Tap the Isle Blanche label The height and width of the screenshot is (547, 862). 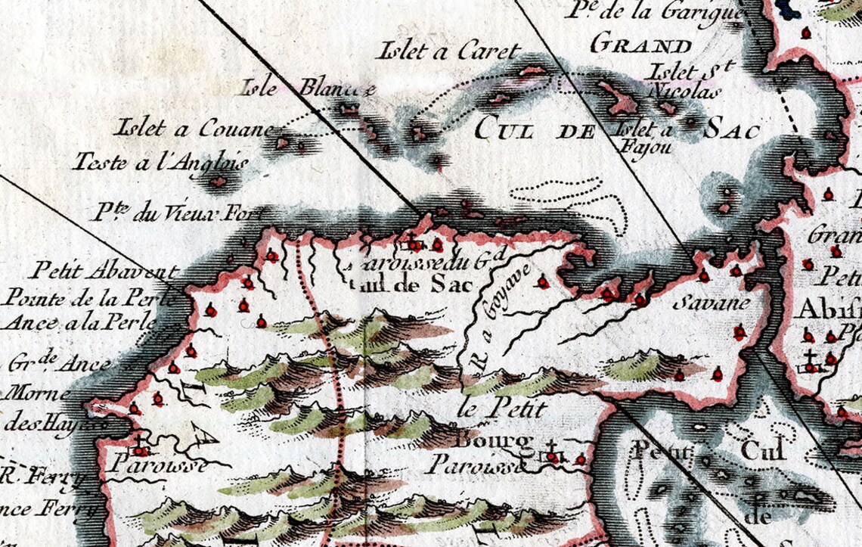point(307,89)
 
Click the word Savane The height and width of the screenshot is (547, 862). point(712,303)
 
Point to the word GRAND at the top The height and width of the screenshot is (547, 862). point(641,44)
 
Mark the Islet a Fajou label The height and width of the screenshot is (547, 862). point(646,138)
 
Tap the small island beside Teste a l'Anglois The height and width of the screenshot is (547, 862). point(218,182)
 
